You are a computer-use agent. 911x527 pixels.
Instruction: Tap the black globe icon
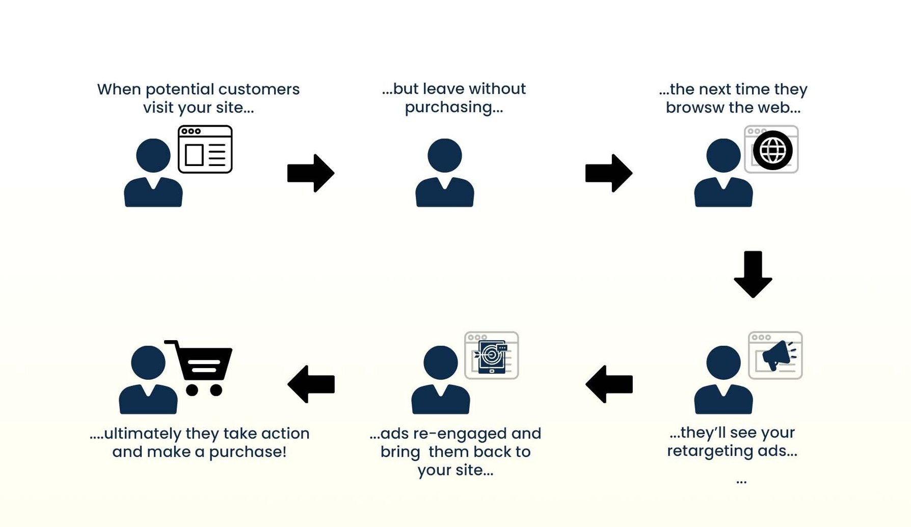tap(772, 150)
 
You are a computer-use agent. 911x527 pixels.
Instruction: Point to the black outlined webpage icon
tap(205, 149)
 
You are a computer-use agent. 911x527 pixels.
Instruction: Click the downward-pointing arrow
tap(753, 274)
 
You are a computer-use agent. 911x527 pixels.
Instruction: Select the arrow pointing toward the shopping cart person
tap(311, 384)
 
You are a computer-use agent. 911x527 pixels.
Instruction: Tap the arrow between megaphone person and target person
tap(609, 384)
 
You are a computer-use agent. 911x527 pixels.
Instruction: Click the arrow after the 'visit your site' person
tap(311, 173)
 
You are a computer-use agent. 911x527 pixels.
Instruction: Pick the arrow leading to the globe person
tap(609, 173)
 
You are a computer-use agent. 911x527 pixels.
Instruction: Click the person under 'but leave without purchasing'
tap(445, 173)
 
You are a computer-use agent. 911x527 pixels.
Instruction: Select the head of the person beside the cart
tap(148, 363)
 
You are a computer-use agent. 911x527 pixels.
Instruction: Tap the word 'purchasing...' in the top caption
tap(454, 108)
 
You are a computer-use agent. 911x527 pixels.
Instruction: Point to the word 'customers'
tap(259, 90)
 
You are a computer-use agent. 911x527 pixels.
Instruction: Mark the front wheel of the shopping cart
tap(216, 390)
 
